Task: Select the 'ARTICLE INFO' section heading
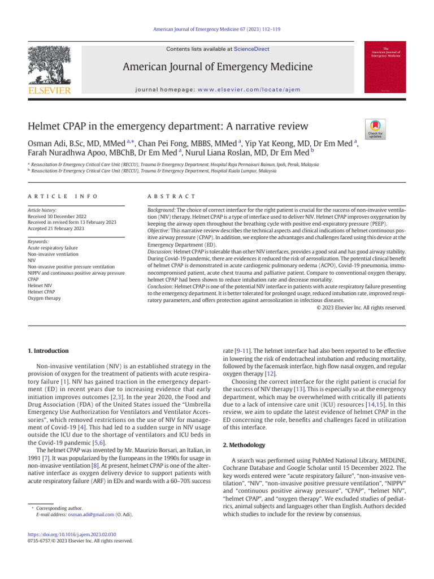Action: coord(62,196)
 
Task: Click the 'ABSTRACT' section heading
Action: coord(171,196)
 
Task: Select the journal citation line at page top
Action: coord(216,29)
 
